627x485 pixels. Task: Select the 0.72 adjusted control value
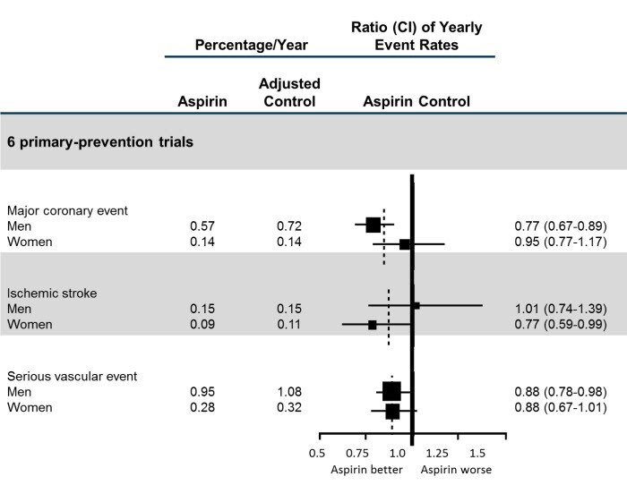coord(289,226)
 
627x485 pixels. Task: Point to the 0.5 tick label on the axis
coord(317,453)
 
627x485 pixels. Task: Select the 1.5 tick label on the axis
coord(477,453)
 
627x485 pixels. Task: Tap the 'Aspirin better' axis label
coord(366,469)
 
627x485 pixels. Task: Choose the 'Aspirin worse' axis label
coord(456,469)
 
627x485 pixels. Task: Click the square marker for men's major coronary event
coord(374,225)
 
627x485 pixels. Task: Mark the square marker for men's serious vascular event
coord(391,391)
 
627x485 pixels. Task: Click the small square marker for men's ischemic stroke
coord(416,306)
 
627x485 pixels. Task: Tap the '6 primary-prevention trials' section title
coord(96,141)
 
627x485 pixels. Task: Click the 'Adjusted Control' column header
coord(289,92)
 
